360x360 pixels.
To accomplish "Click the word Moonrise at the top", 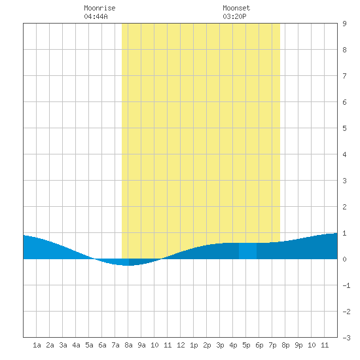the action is tap(99, 8).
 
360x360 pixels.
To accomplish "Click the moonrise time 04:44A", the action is tap(96, 16).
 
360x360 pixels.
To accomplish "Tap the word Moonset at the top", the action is tap(236, 8).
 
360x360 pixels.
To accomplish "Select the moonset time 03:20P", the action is tap(234, 16).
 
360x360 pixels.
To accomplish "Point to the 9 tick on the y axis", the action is tap(344, 24).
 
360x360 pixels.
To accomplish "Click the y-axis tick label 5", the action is tap(344, 128).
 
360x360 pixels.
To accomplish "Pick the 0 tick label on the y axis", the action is tap(344, 259).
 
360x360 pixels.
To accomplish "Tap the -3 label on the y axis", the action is tap(346, 338).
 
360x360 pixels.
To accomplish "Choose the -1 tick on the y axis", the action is tap(346, 285).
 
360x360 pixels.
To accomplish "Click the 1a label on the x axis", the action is tap(37, 345).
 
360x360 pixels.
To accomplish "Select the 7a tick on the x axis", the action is tap(115, 345).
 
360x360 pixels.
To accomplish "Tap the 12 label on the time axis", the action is tap(181, 345).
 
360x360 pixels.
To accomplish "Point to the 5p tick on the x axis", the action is tap(246, 345).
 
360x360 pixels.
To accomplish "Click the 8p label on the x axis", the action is tap(285, 345).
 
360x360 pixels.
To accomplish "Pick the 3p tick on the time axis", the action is tap(220, 345).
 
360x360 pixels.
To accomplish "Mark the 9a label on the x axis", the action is tap(141, 345).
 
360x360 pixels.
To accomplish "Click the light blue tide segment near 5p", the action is tap(247, 251).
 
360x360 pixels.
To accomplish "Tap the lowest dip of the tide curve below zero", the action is tap(127, 265).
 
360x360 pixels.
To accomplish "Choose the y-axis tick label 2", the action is tap(344, 207).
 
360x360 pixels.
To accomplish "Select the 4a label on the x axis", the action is tap(76, 345).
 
